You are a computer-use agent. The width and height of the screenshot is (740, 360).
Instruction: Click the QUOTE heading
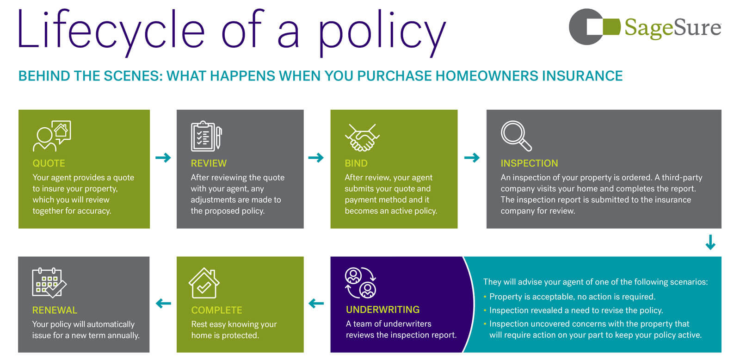pyautogui.click(x=49, y=163)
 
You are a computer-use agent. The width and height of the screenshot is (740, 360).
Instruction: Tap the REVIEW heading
pyautogui.click(x=209, y=163)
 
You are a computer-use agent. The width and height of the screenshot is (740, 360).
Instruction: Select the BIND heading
pyautogui.click(x=356, y=163)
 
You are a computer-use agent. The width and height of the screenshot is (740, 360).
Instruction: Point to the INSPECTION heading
pyautogui.click(x=529, y=163)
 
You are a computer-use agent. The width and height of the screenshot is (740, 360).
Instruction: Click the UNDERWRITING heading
pyautogui.click(x=382, y=310)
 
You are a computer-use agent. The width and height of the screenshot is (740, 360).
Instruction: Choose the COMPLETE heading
pyautogui.click(x=216, y=310)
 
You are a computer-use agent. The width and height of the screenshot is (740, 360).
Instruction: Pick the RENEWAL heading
pyautogui.click(x=55, y=310)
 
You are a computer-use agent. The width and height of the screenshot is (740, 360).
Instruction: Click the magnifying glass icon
pyautogui.click(x=516, y=136)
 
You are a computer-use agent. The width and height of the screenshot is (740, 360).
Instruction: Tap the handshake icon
pyautogui.click(x=362, y=137)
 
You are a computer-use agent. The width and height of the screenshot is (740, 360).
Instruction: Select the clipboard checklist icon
pyautogui.click(x=206, y=136)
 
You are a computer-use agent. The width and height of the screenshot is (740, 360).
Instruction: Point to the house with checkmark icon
pyautogui.click(x=204, y=283)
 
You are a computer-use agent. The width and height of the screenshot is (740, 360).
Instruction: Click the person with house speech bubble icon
pyautogui.click(x=52, y=136)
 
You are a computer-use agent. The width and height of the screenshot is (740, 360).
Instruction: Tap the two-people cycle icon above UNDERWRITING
pyautogui.click(x=360, y=283)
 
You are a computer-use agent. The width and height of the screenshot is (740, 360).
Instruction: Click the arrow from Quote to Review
pyautogui.click(x=163, y=158)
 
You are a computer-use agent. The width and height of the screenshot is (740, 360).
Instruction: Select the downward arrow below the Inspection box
pyautogui.click(x=710, y=242)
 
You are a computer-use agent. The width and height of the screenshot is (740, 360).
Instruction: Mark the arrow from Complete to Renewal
pyautogui.click(x=163, y=303)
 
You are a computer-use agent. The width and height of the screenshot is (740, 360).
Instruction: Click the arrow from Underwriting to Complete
pyautogui.click(x=316, y=303)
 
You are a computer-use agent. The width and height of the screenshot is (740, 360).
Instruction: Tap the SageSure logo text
pyautogui.click(x=672, y=28)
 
